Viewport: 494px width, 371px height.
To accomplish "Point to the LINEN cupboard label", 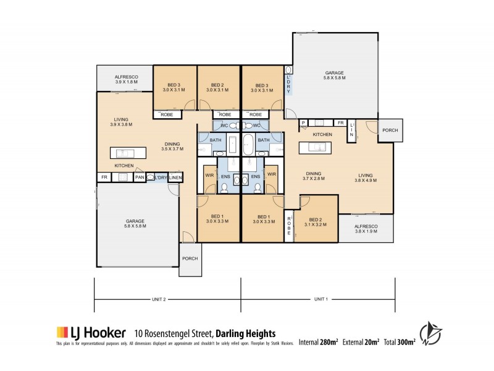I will pos(175,178).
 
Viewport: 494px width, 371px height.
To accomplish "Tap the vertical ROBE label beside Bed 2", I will pos(288,225).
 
